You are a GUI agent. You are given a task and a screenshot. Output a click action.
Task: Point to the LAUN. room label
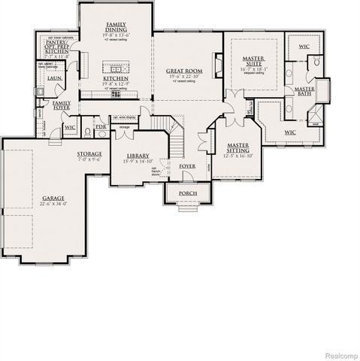pos(53,77)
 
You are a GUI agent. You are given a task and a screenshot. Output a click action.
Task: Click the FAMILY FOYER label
pos(62,105)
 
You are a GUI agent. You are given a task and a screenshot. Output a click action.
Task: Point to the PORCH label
pos(187,193)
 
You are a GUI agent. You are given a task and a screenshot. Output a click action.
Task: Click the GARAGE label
pos(53,198)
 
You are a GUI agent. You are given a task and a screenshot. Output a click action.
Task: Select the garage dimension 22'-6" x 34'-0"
pos(53,204)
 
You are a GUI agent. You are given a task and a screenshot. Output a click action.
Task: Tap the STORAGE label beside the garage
pos(89,154)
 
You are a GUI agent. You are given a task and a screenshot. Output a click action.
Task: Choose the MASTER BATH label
pos(304,90)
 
